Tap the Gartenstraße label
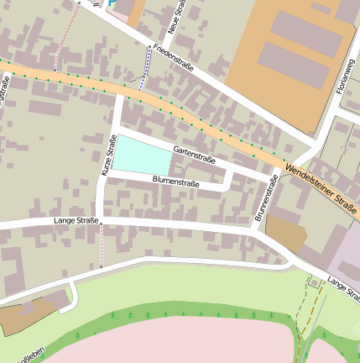[x=195, y=153]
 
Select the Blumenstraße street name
[x=176, y=181]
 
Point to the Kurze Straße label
[x=107, y=156]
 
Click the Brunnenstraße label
[x=266, y=198]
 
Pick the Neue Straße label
[x=177, y=17]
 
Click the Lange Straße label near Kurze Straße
[x=76, y=220]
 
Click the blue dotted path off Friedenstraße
[x=145, y=67]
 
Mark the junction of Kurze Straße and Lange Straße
[x=102, y=221]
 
